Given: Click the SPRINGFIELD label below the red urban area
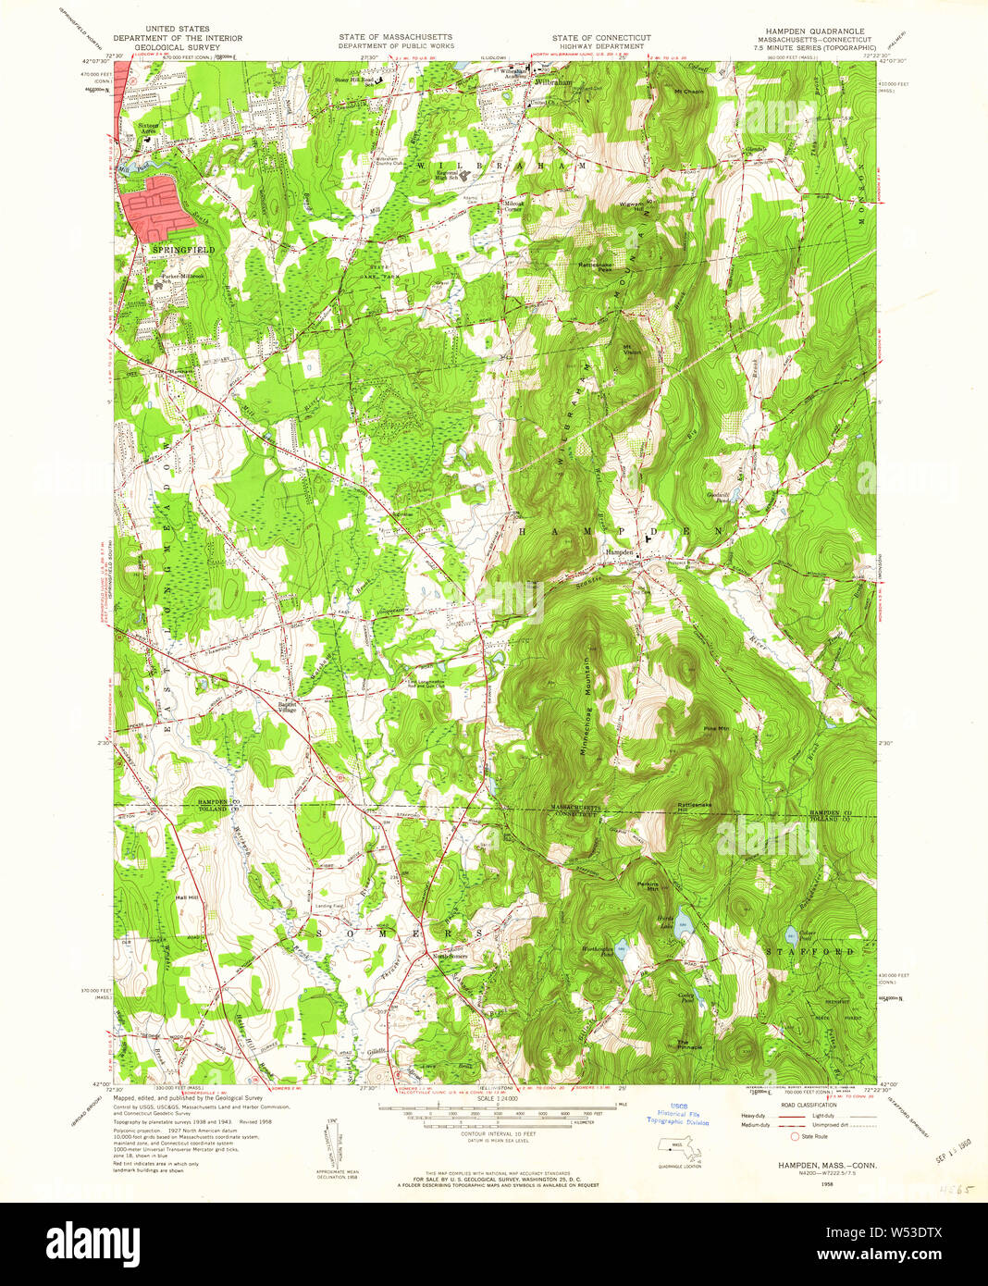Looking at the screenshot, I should point(183,250).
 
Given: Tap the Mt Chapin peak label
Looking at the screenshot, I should point(689,92).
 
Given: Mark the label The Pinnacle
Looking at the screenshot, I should point(689,1045).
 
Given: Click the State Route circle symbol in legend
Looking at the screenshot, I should point(794,1136).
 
